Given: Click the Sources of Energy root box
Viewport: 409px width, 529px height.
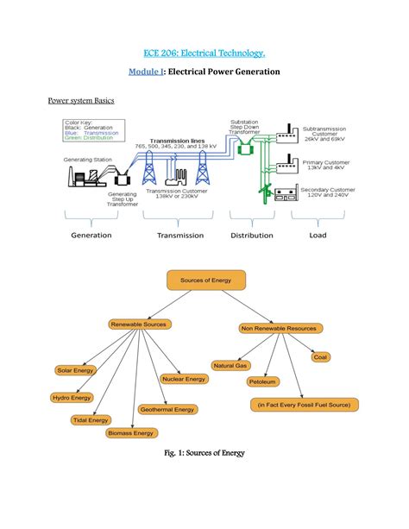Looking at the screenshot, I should [x=205, y=280].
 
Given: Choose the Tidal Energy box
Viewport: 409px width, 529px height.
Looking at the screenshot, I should [x=91, y=420].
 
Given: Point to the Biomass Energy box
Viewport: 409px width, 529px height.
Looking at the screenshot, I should [x=132, y=433].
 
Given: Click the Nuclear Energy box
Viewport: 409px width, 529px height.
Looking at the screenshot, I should [x=184, y=379].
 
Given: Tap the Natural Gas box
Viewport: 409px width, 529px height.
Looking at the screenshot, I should [x=231, y=366].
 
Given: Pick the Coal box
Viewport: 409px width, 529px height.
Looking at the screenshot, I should [x=320, y=356].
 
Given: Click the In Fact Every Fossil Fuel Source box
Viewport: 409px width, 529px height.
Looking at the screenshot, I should [x=306, y=404].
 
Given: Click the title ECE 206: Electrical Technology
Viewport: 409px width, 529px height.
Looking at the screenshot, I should [x=204, y=53].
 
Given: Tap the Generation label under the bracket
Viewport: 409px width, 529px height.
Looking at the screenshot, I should [x=91, y=235].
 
